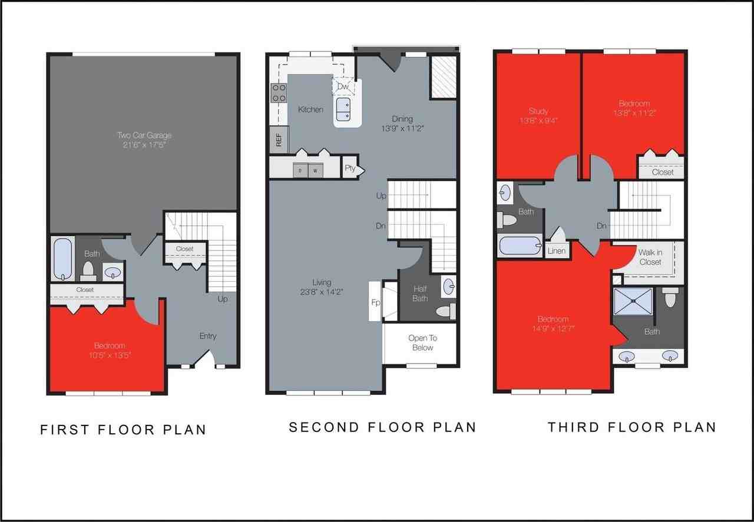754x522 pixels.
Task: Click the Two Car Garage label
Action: point(144,135)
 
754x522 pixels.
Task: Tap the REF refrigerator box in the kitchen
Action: point(279,140)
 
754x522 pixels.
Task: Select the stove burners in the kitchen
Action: point(278,93)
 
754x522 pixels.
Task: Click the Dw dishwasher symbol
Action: point(343,87)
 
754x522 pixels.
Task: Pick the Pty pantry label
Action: point(350,168)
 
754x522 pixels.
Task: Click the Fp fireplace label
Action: point(375,302)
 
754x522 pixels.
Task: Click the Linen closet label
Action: point(557,251)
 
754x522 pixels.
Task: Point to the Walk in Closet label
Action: point(650,257)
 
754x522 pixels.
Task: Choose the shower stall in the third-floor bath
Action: point(633,301)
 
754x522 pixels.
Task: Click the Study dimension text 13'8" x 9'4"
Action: point(538,121)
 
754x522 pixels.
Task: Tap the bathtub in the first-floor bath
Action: point(62,259)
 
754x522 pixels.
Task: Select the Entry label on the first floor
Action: point(207,336)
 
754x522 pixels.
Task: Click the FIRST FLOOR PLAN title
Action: point(123,430)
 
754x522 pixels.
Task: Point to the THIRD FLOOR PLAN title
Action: point(631,427)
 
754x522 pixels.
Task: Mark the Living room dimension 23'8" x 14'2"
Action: point(322,291)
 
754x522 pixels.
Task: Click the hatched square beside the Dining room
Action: point(443,77)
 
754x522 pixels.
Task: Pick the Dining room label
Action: point(403,118)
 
